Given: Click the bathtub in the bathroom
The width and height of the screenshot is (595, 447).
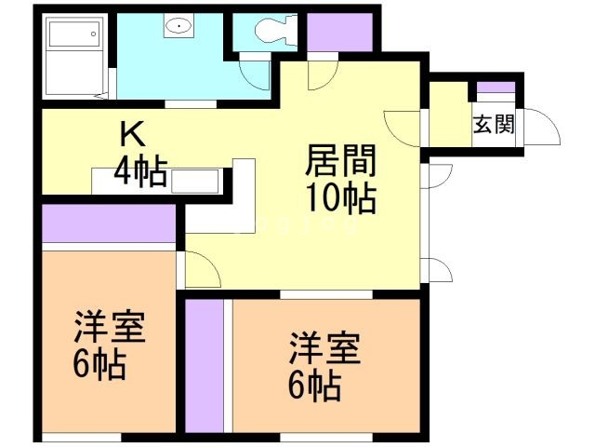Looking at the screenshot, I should pyautogui.click(x=74, y=56).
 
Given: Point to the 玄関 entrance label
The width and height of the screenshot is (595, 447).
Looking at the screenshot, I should pyautogui.click(x=494, y=124).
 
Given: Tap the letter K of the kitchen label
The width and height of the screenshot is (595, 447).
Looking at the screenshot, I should pyautogui.click(x=129, y=134).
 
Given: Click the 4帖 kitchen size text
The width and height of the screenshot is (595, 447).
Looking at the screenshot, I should pyautogui.click(x=139, y=171).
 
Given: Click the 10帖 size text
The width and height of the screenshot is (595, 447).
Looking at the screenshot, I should pyautogui.click(x=342, y=198).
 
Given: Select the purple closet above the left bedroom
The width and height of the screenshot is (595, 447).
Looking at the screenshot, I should pyautogui.click(x=109, y=225).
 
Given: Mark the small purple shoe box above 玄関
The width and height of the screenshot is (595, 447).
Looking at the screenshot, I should pyautogui.click(x=495, y=89).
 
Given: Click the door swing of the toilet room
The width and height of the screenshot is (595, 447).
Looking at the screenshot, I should pyautogui.click(x=254, y=71).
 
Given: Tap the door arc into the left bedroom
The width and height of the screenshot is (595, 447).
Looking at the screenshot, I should pyautogui.click(x=201, y=269).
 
